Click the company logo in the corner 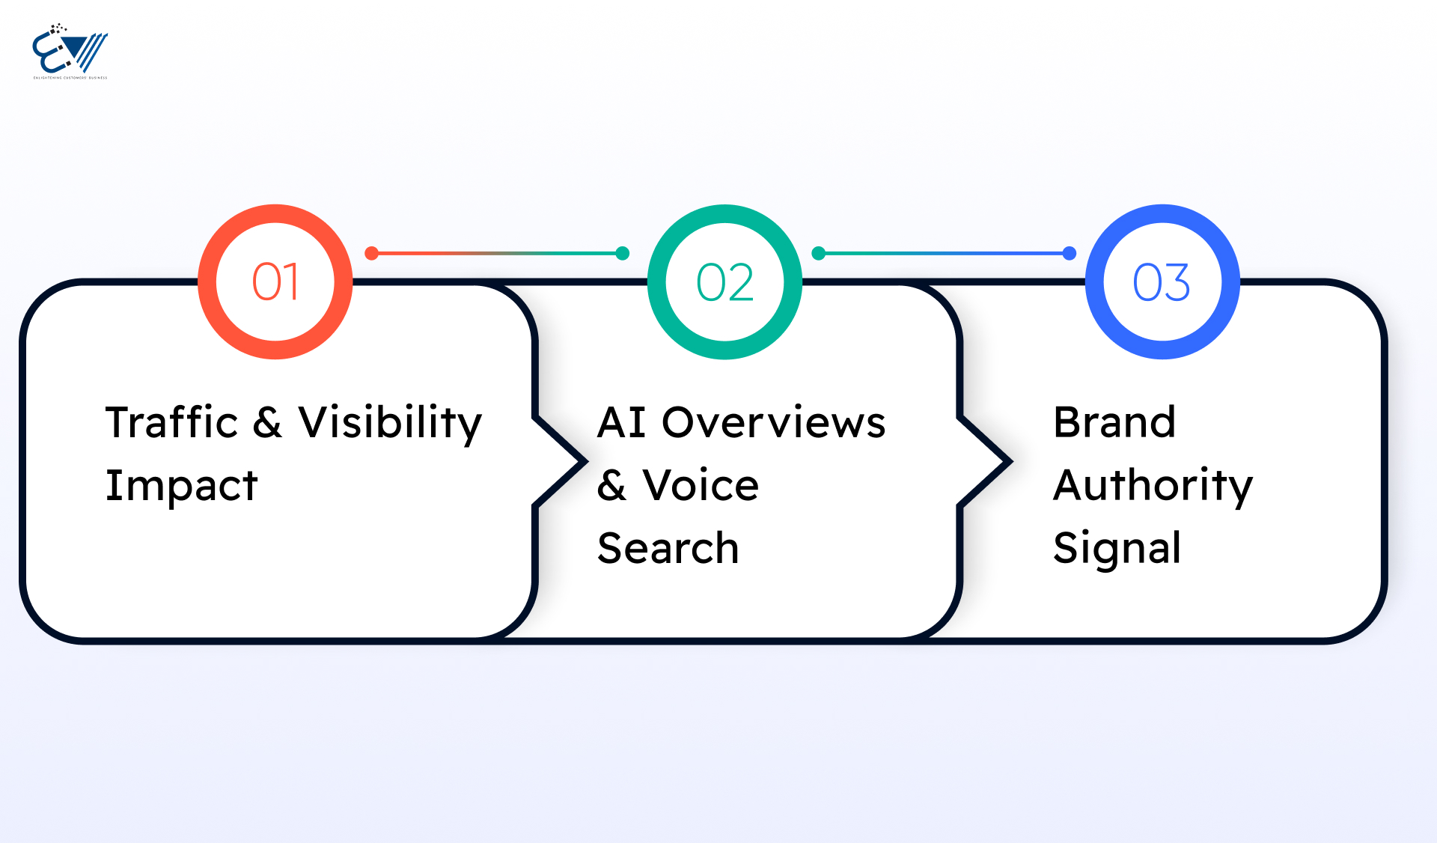click(x=70, y=51)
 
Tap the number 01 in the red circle click(x=275, y=282)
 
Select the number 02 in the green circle click(x=724, y=282)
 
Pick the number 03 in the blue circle click(x=1162, y=282)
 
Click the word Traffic click(x=171, y=422)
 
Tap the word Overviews click(x=773, y=422)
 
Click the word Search click(x=668, y=548)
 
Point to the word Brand click(x=1114, y=422)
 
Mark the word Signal click(x=1117, y=548)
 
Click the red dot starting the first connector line click(x=371, y=254)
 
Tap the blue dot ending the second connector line click(x=1070, y=254)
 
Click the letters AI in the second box click(x=621, y=422)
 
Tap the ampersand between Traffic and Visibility click(x=267, y=422)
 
